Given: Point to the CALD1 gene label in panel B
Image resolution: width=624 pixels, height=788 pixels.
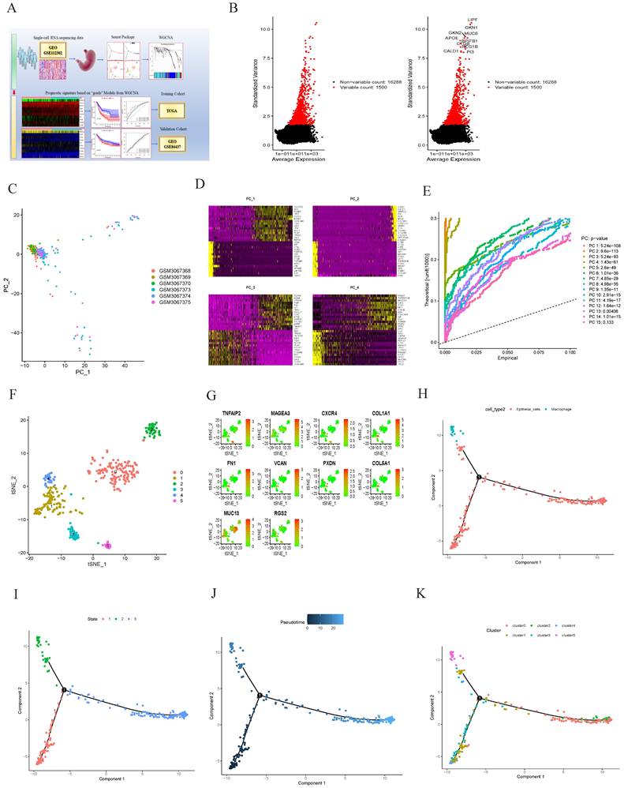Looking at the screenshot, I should pos(452,51).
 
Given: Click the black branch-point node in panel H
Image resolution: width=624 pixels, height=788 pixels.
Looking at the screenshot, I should pos(479,477).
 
